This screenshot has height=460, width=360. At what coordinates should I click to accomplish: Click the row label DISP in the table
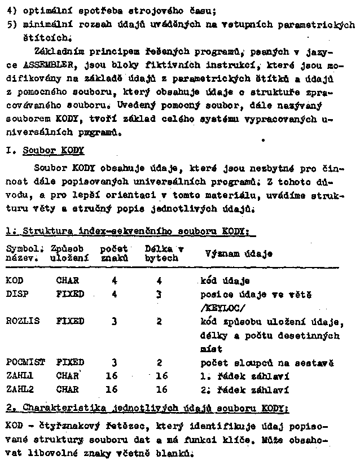click(x=16, y=294)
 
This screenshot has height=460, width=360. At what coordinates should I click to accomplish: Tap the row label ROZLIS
click(x=21, y=321)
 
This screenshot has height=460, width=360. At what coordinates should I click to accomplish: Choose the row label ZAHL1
click(x=19, y=375)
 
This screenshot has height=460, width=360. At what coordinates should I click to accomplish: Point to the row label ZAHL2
click(x=19, y=389)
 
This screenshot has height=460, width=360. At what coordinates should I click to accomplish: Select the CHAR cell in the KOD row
click(x=67, y=281)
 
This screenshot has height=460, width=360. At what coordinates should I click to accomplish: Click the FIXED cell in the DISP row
click(x=69, y=294)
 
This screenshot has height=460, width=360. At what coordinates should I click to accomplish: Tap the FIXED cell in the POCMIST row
click(x=69, y=362)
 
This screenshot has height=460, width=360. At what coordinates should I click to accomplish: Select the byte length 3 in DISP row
click(x=160, y=294)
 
